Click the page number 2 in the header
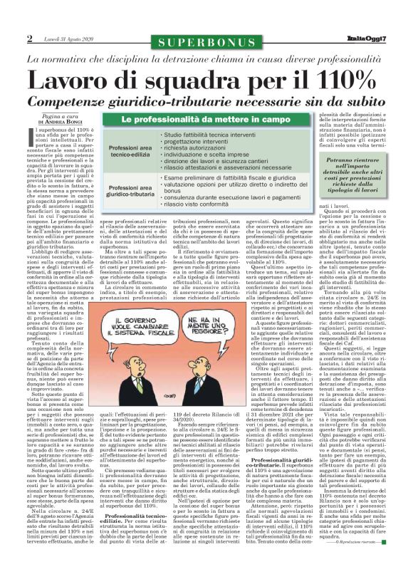tap(30, 38)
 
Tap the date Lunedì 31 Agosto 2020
tap(66, 39)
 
